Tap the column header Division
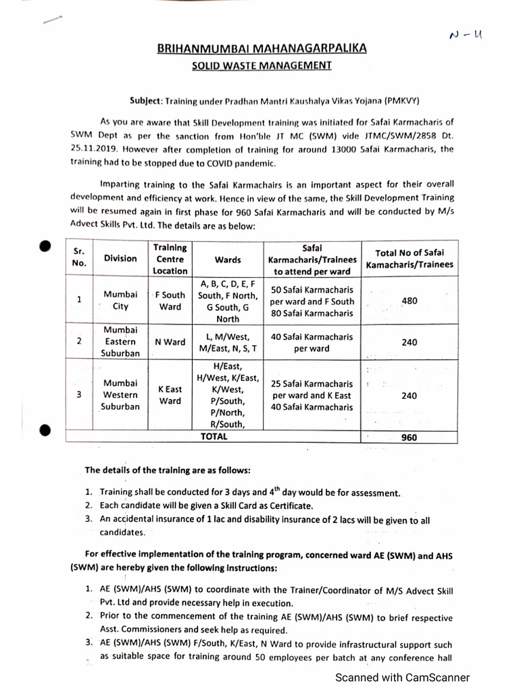coord(120,258)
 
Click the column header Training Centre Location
coord(170,259)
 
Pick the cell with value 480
coord(409,301)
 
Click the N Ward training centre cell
coord(170,342)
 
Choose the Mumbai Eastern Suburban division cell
coord(120,342)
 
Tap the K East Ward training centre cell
coord(170,395)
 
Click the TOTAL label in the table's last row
coord(214,437)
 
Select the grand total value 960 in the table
coord(409,437)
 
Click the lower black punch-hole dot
coord(45,430)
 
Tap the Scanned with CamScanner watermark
coord(403,677)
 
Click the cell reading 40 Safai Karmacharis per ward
coord(312,342)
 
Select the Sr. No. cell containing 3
coord(79,395)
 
